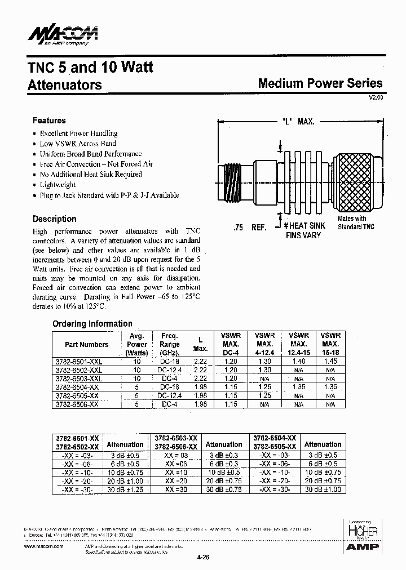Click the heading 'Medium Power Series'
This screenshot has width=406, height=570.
320,83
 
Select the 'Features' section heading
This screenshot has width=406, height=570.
49,121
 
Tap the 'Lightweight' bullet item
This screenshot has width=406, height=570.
58,185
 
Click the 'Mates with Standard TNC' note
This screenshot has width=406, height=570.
352,222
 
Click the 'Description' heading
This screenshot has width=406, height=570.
54,219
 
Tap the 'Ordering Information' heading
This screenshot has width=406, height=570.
92,324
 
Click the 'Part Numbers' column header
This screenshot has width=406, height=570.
86,344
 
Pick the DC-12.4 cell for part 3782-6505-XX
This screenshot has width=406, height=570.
169,396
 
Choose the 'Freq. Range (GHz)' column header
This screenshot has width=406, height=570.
169,344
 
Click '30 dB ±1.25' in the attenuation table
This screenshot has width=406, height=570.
125,491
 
